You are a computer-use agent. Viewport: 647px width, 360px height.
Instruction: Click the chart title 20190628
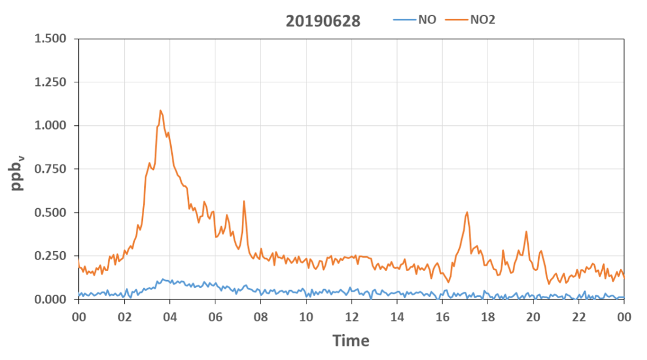pos(323,21)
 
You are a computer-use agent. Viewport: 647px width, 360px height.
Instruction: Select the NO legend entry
pos(415,20)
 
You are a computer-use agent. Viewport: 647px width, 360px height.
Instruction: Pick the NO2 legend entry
pos(471,20)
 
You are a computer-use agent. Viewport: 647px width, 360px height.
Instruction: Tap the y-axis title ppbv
pos(16,174)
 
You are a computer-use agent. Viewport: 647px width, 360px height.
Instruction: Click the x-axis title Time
pos(351,341)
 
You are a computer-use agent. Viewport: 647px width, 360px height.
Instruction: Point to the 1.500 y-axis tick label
pos(51,38)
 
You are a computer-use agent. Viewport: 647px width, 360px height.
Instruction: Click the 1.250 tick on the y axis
pos(51,82)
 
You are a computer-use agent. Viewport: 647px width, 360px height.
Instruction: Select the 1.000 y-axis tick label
pos(51,125)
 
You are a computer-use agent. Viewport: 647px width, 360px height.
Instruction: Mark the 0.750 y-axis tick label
pos(51,169)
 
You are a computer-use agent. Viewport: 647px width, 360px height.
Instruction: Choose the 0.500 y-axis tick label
pos(51,212)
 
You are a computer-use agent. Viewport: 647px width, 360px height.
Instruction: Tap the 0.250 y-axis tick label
pos(51,256)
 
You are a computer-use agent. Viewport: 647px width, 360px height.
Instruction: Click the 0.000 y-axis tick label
pos(51,299)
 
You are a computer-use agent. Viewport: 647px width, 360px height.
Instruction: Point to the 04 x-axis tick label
pos(169,317)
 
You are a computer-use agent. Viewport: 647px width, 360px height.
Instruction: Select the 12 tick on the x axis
pos(352,317)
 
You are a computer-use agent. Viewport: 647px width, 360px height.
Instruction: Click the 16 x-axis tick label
pos(442,317)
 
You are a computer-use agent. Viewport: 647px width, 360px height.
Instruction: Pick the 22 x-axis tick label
pos(579,317)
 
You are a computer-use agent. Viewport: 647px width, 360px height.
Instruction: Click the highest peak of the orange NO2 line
pos(161,110)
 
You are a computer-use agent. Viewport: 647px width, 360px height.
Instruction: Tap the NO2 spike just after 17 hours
pos(467,212)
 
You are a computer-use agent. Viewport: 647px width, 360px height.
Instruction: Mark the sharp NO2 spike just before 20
pos(526,232)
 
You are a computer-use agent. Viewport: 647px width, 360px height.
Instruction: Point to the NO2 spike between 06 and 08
pos(244,201)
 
